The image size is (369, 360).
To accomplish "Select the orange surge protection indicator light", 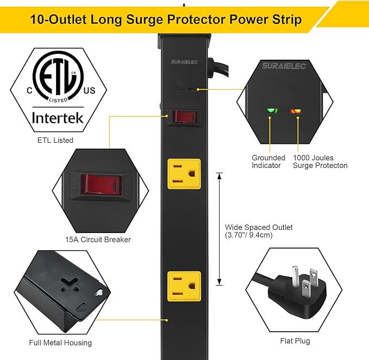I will [x=296, y=111].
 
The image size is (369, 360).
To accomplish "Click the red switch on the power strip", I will [x=183, y=116].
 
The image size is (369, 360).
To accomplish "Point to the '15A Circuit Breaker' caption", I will [x=98, y=239].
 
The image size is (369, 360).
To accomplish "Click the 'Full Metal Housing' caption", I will [x=60, y=343].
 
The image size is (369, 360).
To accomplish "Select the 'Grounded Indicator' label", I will [x=268, y=161].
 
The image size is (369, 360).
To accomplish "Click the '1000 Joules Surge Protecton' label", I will [x=320, y=161].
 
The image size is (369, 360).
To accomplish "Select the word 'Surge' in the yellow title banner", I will [x=179, y=20].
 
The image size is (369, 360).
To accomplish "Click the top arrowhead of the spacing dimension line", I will [x=220, y=175].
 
